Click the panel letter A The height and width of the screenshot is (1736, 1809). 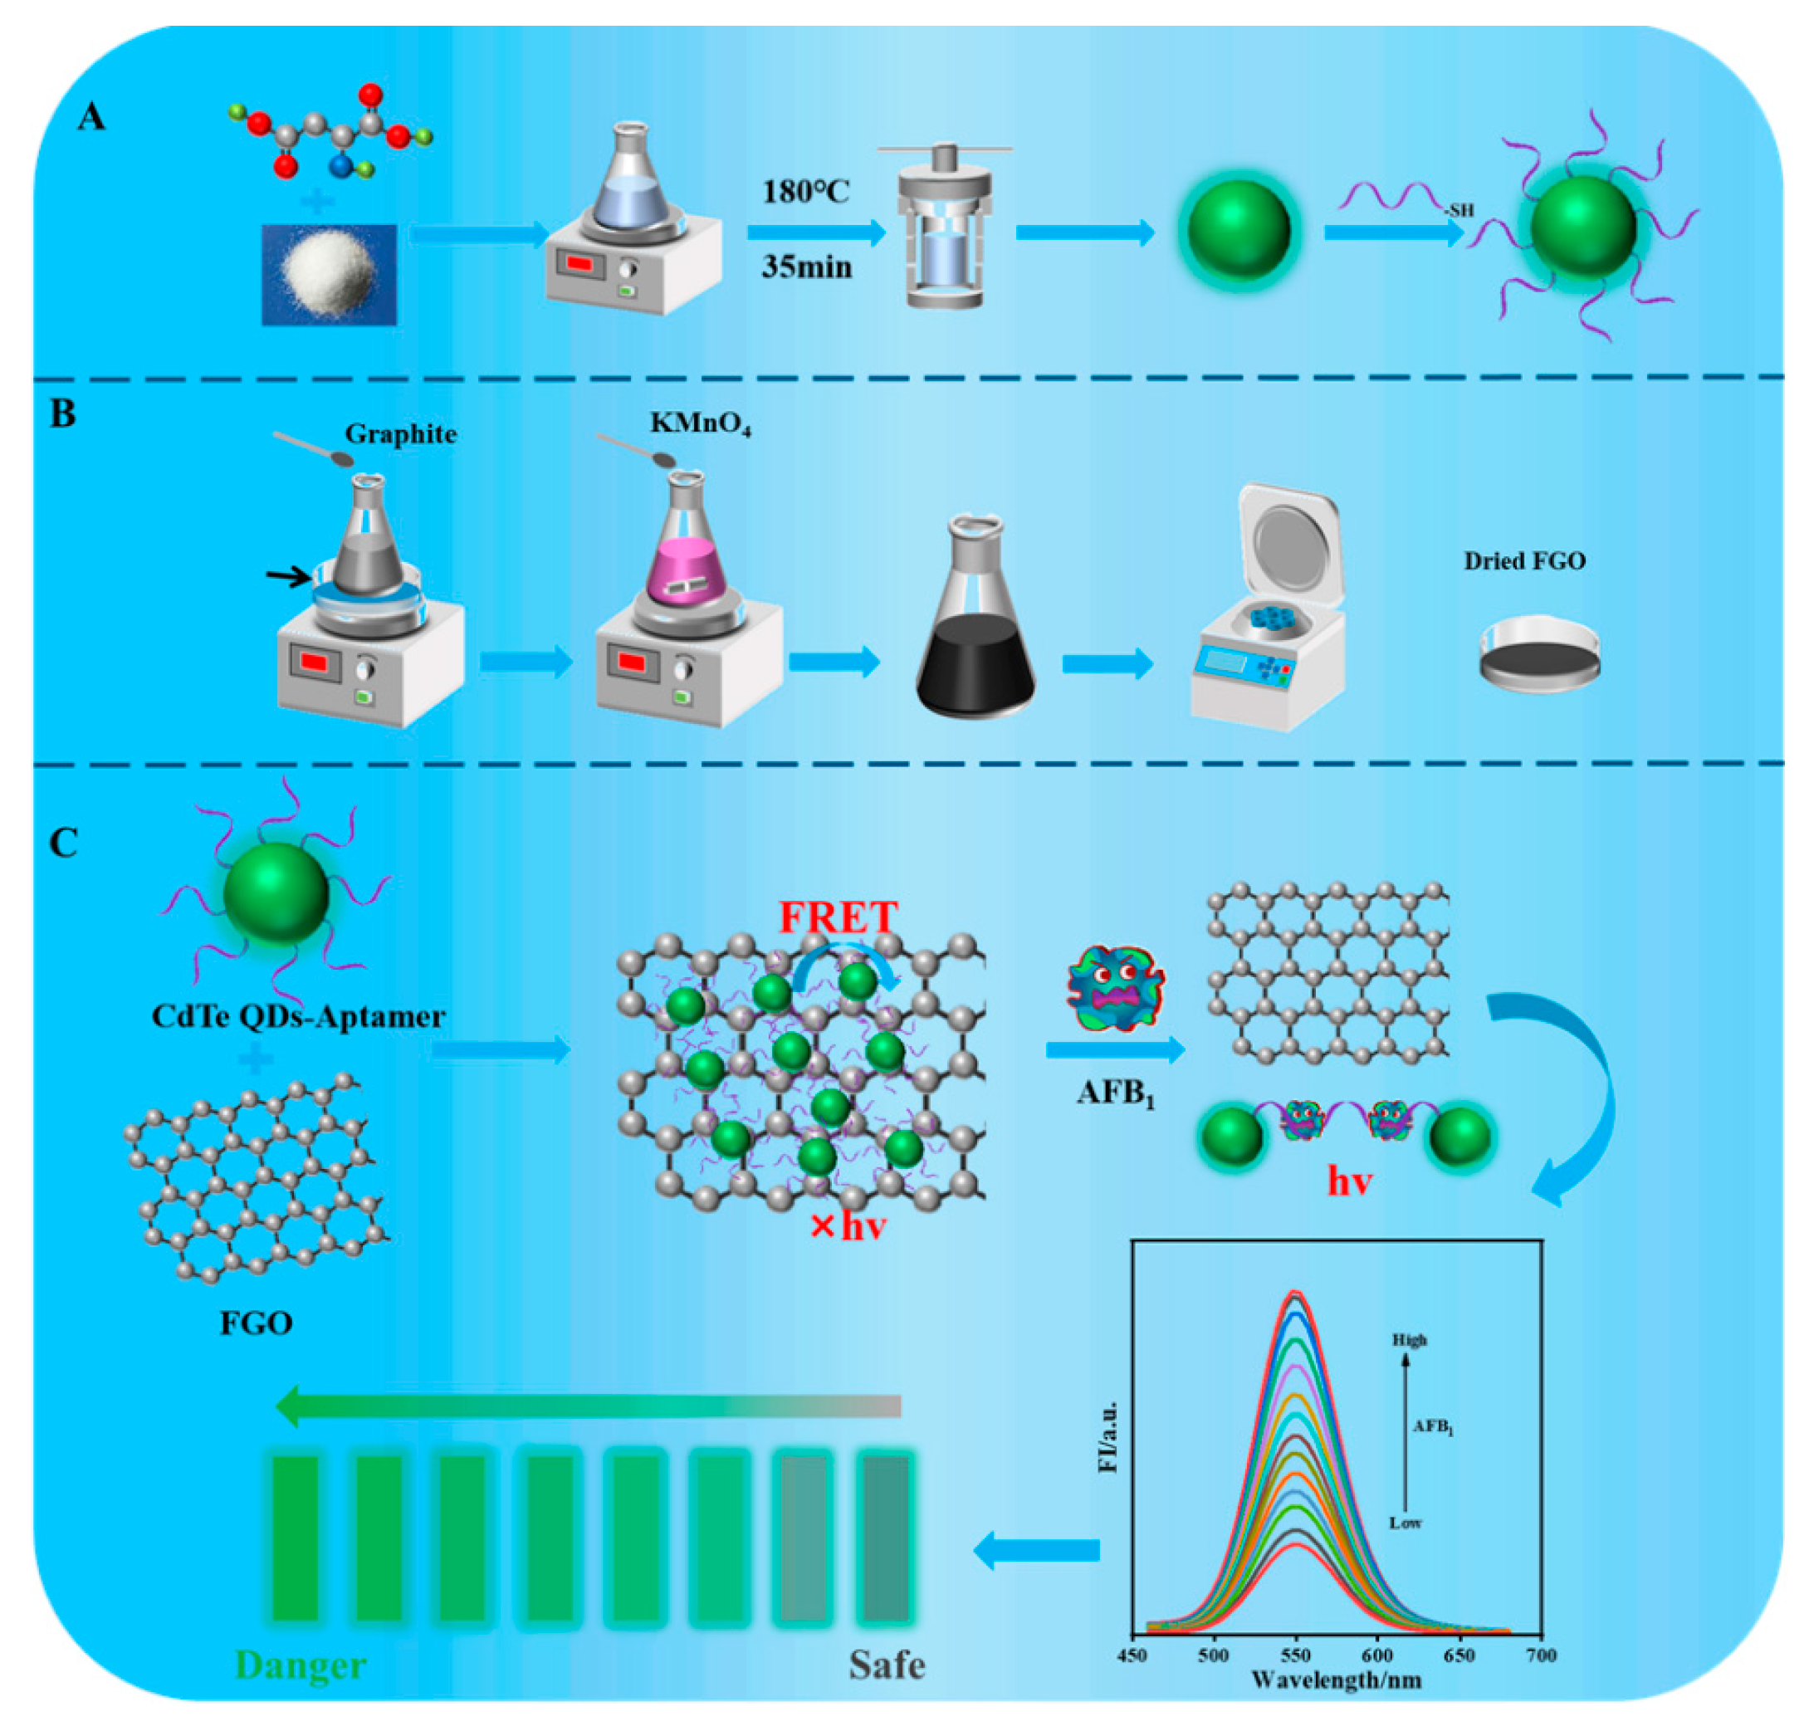click(90, 117)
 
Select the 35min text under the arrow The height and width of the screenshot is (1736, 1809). click(806, 267)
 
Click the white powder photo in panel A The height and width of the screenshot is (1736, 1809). click(330, 274)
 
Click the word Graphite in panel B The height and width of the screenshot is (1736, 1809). click(400, 433)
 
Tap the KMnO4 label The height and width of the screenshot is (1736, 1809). click(700, 423)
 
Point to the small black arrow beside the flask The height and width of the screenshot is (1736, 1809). click(289, 577)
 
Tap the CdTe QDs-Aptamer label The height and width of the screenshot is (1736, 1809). click(298, 1017)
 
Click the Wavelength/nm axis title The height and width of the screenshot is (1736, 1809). click(1336, 1679)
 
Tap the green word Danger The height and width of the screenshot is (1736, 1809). click(301, 1665)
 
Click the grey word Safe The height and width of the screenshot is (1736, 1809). click(886, 1665)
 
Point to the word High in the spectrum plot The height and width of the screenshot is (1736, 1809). click(1409, 1339)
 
